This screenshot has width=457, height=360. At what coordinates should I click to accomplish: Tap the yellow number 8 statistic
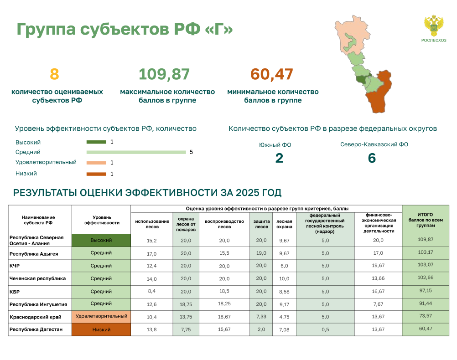(x=54, y=74)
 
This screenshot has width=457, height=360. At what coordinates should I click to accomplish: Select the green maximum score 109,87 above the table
(x=164, y=74)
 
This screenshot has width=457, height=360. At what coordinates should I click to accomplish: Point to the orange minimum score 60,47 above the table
(x=272, y=74)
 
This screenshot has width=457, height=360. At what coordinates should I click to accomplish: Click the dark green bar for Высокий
(x=96, y=142)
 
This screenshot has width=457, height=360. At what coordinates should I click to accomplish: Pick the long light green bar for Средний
(x=136, y=152)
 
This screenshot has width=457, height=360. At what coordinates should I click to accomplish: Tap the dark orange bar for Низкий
(x=96, y=174)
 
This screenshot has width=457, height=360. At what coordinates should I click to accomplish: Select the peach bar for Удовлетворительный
(x=96, y=163)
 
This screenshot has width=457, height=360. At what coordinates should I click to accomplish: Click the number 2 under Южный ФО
(x=279, y=158)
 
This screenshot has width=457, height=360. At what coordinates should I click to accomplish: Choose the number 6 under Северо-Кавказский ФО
(x=372, y=158)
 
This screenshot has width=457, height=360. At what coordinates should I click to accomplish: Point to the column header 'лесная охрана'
(x=284, y=224)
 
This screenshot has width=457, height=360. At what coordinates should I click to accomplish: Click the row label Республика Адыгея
(x=34, y=254)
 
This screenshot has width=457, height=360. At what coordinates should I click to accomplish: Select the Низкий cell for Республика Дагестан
(x=101, y=329)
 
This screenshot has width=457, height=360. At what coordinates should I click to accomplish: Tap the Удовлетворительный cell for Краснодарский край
(x=101, y=317)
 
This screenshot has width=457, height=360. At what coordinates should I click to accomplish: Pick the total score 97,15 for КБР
(x=426, y=291)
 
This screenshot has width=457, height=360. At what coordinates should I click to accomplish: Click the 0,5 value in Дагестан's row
(x=325, y=329)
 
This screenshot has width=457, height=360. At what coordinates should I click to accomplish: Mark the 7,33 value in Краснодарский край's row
(x=261, y=317)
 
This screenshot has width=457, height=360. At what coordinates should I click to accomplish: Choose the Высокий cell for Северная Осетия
(x=101, y=240)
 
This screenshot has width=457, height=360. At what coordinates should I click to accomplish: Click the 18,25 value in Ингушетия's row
(x=224, y=304)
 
